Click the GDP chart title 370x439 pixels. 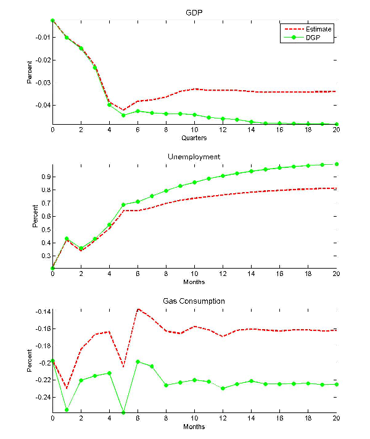(194, 13)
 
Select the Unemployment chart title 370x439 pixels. (194, 157)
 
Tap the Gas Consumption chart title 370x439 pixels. (194, 301)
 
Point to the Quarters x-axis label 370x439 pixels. (194, 138)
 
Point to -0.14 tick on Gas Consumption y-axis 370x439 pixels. (42, 311)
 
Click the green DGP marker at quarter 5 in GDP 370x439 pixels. (123, 115)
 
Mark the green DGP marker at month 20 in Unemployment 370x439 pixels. (337, 164)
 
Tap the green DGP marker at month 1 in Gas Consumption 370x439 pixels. (67, 409)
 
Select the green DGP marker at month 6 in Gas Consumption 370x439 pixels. (138, 362)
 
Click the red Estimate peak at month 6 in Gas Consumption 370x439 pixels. (138, 309)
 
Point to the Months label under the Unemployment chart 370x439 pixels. (194, 282)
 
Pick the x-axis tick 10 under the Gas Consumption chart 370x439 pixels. (194, 418)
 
